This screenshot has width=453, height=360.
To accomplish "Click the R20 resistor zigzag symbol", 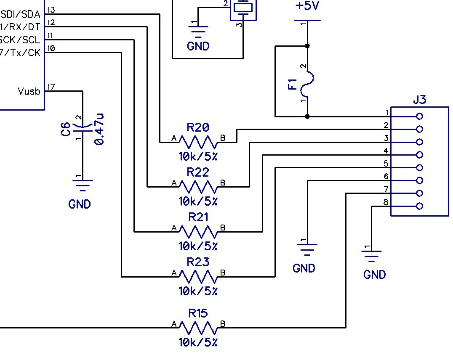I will click(x=198, y=142).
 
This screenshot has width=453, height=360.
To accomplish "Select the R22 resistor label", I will click(x=198, y=172).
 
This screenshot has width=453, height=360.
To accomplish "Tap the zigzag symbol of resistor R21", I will click(x=198, y=231).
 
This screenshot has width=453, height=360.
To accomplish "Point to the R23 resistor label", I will click(x=198, y=262).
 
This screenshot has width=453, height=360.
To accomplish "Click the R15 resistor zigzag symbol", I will click(x=198, y=327).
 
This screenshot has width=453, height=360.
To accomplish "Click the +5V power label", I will click(x=307, y=7).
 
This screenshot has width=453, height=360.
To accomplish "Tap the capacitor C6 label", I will click(x=66, y=129).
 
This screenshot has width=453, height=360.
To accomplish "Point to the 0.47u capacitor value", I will click(x=99, y=129).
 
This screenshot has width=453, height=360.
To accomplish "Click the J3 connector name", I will click(x=419, y=100).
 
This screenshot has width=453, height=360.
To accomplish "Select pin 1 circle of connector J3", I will click(x=419, y=116).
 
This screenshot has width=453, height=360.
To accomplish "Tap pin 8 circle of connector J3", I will click(x=419, y=206).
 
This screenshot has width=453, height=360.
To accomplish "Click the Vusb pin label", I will click(x=29, y=91).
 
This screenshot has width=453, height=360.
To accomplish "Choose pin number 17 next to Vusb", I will click(x=51, y=87).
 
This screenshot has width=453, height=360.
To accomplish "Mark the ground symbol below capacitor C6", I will click(x=83, y=184).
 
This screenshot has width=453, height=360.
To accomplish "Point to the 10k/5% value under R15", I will click(x=198, y=342).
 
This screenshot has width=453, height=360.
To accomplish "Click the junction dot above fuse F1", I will click(x=307, y=46).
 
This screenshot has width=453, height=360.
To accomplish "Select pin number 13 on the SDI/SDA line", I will click(x=51, y=10).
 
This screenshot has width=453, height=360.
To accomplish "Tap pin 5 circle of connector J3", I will click(x=419, y=168).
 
